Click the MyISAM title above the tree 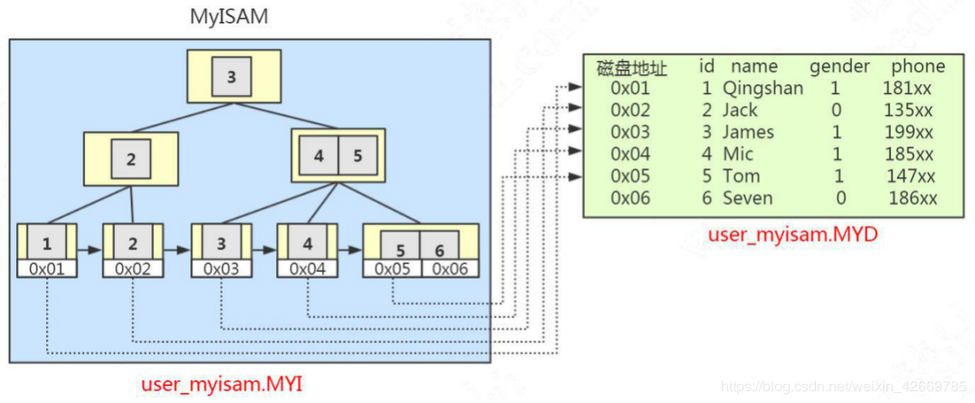[x=229, y=17]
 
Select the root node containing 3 [x=232, y=77]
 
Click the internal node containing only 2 [x=131, y=160]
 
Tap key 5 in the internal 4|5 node [x=357, y=155]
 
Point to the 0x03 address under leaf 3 [x=221, y=268]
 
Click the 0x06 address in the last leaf [x=452, y=268]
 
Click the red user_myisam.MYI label [x=222, y=385]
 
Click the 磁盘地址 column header [x=631, y=67]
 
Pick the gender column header [x=839, y=66]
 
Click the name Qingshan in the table [x=762, y=89]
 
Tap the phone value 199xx [x=908, y=132]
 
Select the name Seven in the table [x=748, y=198]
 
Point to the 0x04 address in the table [x=631, y=154]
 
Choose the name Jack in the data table [x=740, y=110]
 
